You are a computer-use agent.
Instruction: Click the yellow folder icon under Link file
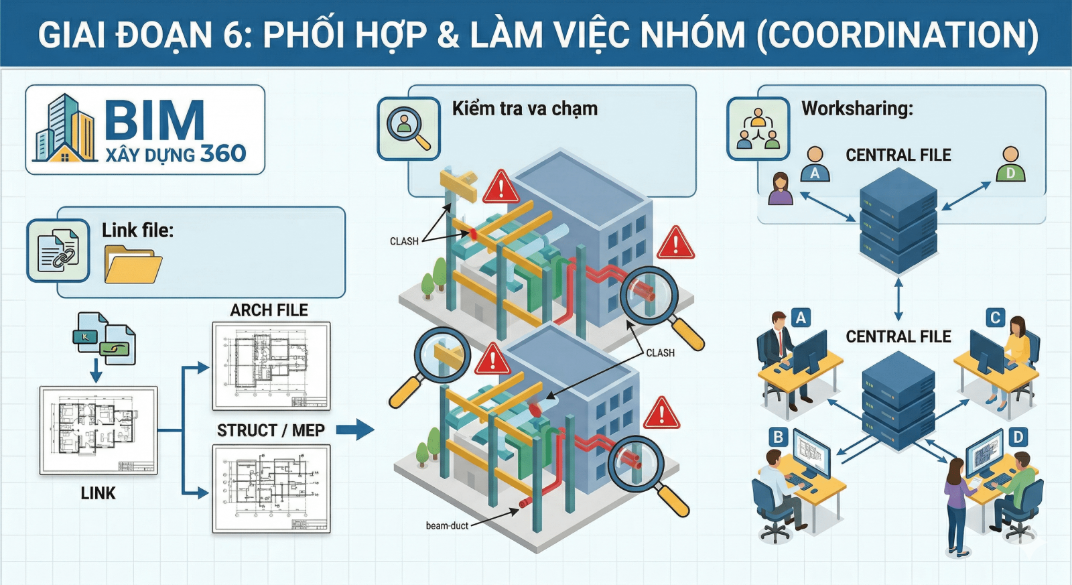tap(133, 264)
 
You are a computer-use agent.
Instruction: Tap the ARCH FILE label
tap(269, 310)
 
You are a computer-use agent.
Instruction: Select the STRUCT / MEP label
tap(271, 430)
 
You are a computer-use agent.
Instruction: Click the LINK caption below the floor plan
tap(98, 493)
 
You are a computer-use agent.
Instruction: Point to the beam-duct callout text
tap(447, 526)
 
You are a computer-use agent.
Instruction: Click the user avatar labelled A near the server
tap(815, 165)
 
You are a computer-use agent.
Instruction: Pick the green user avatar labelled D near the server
tap(1010, 165)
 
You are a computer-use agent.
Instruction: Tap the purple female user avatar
tap(781, 189)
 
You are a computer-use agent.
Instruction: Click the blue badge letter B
tap(779, 438)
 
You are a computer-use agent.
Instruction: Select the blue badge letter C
tap(995, 318)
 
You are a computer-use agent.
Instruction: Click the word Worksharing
tap(857, 109)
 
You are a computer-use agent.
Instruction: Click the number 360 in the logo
tap(223, 154)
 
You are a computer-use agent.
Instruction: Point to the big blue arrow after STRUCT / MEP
tap(355, 430)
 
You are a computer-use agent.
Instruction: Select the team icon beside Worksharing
tap(758, 129)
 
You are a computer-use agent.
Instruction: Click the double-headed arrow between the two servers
tap(898, 300)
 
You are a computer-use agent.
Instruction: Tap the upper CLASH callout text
tap(404, 241)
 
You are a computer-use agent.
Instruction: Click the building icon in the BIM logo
tap(65, 130)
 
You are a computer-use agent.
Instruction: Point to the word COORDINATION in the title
tap(898, 35)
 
